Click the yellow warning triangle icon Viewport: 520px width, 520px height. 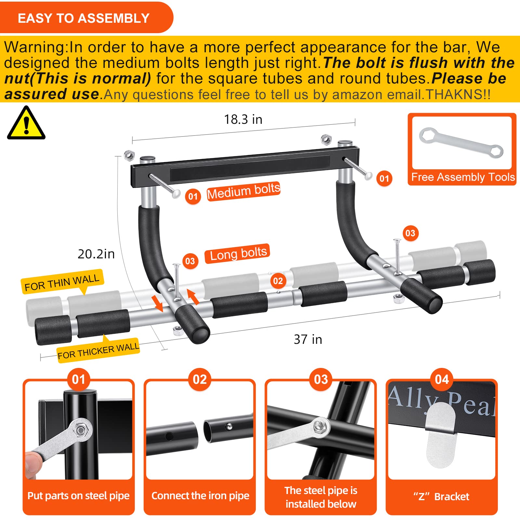[26, 124]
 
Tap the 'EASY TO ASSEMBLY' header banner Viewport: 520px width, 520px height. [84, 18]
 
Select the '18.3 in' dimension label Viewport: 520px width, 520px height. [243, 120]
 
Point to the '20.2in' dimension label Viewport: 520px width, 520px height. [96, 254]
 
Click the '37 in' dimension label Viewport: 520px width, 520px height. [308, 340]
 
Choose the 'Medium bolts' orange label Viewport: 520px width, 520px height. [243, 191]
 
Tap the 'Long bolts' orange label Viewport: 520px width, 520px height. [238, 253]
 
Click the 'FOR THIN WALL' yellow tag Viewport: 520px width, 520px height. [62, 282]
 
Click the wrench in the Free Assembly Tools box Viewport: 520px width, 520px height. [461, 143]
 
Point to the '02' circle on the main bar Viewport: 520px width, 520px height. [278, 281]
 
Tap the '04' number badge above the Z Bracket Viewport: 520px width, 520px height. [442, 379]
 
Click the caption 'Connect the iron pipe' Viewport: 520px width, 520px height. [200, 496]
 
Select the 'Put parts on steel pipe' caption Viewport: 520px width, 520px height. [78, 496]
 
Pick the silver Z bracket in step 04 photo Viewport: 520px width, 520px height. [441, 434]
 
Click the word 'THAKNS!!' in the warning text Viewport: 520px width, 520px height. [458, 95]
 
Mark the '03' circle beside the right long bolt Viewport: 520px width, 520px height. [410, 233]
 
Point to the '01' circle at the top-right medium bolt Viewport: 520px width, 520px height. [384, 178]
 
